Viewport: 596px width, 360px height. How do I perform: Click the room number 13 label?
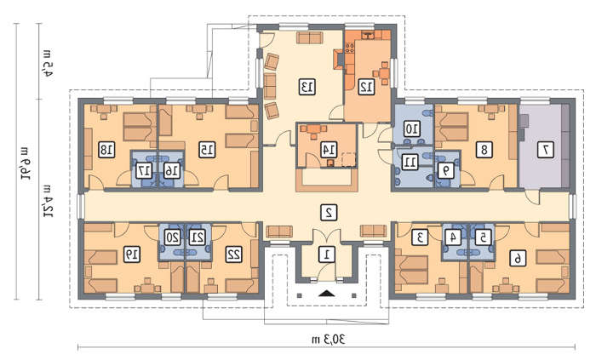coord(307,87)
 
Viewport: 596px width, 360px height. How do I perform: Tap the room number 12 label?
coord(366,87)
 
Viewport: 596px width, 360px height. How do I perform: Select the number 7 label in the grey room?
coord(546,150)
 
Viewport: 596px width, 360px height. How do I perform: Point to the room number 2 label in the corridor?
coord(329,213)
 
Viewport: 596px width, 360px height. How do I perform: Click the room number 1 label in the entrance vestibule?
coord(326,254)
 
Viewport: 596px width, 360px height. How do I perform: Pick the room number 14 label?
coord(329,150)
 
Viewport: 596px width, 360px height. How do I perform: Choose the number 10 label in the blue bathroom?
coord(411,129)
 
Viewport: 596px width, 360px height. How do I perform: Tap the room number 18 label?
coord(106,150)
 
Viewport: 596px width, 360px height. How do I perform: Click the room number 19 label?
coord(131,254)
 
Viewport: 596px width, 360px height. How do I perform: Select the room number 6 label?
coord(518,259)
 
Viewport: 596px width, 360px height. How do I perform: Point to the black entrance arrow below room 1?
coord(326,293)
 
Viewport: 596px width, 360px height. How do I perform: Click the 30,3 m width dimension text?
coord(329,339)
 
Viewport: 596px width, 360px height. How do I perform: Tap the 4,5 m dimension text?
coord(47,63)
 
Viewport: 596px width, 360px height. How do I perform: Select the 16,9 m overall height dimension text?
coord(26,163)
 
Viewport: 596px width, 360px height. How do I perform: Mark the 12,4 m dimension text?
coord(48,201)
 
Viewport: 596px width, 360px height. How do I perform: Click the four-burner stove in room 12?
coord(350,48)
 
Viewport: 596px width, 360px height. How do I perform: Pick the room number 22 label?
coord(234,254)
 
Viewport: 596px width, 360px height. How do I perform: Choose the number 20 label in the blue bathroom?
coord(173,237)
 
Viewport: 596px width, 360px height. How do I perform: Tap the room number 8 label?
coord(484,150)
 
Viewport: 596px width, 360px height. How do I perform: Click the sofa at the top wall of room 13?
coord(310,37)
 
